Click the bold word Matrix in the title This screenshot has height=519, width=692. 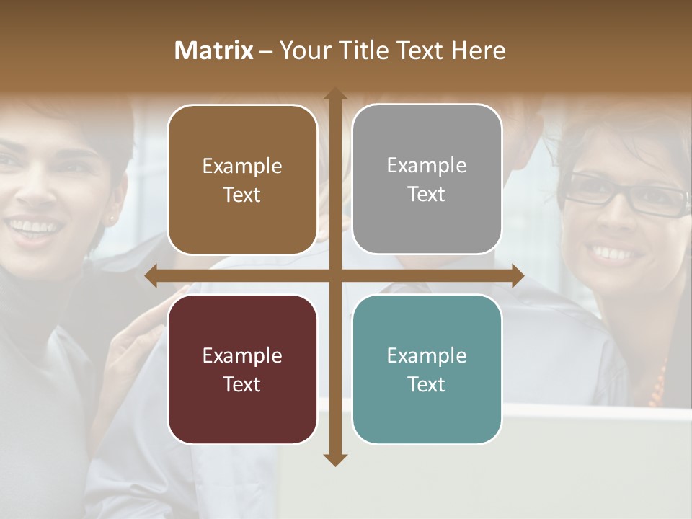click(x=214, y=50)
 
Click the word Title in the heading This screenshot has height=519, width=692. click(x=366, y=50)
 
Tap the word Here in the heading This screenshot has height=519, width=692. click(x=478, y=50)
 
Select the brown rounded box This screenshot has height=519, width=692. click(x=242, y=179)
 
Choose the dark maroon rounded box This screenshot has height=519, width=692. click(x=242, y=369)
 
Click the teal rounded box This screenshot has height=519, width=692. click(x=427, y=369)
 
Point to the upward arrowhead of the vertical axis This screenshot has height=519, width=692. click(x=334, y=94)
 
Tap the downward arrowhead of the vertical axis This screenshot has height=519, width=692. click(x=334, y=459)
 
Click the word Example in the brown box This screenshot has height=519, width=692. click(x=242, y=166)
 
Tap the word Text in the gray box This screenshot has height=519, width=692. click(x=427, y=194)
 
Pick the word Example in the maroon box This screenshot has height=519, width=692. click(x=242, y=355)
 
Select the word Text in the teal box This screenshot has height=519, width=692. click(x=427, y=384)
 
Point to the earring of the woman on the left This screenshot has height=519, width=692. click(x=112, y=216)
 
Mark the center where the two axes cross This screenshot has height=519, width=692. click(x=334, y=276)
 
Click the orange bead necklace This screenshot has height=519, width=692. click(x=658, y=386)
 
